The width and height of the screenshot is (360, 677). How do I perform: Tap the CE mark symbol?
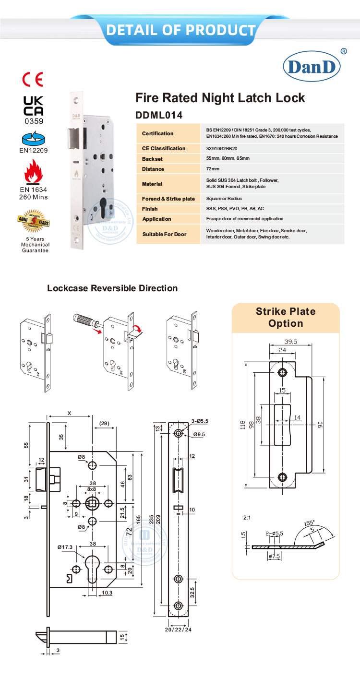(x=33, y=79)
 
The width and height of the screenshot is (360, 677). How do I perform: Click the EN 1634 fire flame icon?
(x=34, y=172)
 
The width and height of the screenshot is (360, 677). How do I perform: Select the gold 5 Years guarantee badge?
(x=34, y=220)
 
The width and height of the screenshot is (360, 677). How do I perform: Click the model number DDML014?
(x=159, y=115)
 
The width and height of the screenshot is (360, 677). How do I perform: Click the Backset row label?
(x=153, y=158)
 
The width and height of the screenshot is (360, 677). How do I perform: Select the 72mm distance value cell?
(x=213, y=169)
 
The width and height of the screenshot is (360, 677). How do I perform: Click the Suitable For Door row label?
(x=164, y=234)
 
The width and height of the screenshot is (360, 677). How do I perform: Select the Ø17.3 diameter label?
(x=64, y=546)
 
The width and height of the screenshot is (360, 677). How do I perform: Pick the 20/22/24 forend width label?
(x=179, y=629)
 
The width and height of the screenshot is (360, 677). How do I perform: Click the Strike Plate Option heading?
(x=286, y=317)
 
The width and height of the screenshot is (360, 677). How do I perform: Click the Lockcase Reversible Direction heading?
(x=112, y=288)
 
